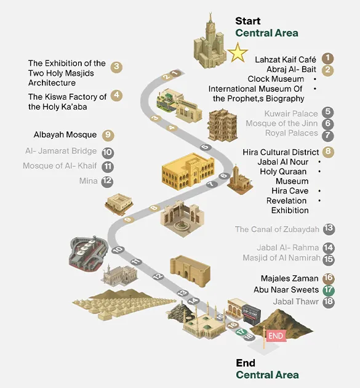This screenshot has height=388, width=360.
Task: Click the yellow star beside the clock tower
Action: click(x=238, y=52)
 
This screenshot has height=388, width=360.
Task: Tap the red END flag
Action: click(x=276, y=336)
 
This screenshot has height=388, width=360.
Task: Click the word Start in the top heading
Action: click(x=248, y=21)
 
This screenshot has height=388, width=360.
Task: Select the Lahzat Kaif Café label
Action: click(x=286, y=60)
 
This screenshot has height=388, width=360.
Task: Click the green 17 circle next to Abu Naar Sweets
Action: click(x=329, y=289)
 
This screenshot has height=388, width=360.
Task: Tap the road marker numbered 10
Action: click(x=118, y=250)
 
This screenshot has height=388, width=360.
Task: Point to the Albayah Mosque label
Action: click(x=65, y=135)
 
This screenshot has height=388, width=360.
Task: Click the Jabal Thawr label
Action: click(x=296, y=302)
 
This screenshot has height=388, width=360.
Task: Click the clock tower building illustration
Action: click(x=210, y=42)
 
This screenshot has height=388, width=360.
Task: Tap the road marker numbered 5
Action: click(x=206, y=147)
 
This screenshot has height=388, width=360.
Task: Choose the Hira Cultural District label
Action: click(x=281, y=152)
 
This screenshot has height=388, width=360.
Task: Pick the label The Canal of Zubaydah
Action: click(x=277, y=229)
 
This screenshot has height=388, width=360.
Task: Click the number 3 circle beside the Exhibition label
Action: click(x=116, y=67)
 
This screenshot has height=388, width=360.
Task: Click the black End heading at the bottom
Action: click(x=246, y=363)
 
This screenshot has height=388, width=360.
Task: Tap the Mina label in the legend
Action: click(x=88, y=181)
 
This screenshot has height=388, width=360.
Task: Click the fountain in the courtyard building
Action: click(x=182, y=225)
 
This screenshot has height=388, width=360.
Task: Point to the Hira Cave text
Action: click(x=290, y=191)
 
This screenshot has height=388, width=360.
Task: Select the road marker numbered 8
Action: click(x=154, y=208)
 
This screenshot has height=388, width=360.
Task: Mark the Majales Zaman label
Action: click(x=289, y=278)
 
